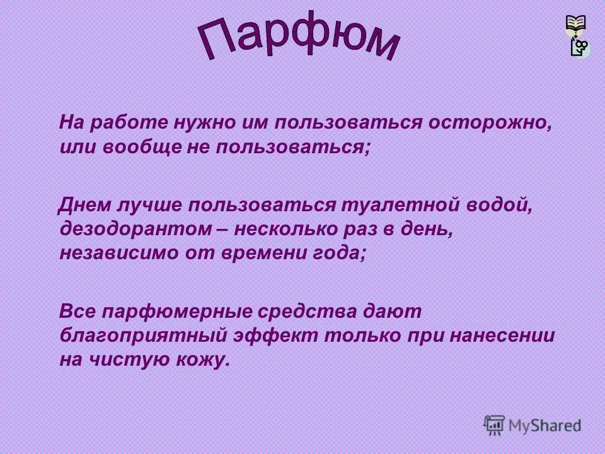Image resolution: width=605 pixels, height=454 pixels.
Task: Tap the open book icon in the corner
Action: tap(576, 25)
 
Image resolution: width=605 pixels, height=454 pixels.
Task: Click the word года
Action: tap(341, 253)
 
